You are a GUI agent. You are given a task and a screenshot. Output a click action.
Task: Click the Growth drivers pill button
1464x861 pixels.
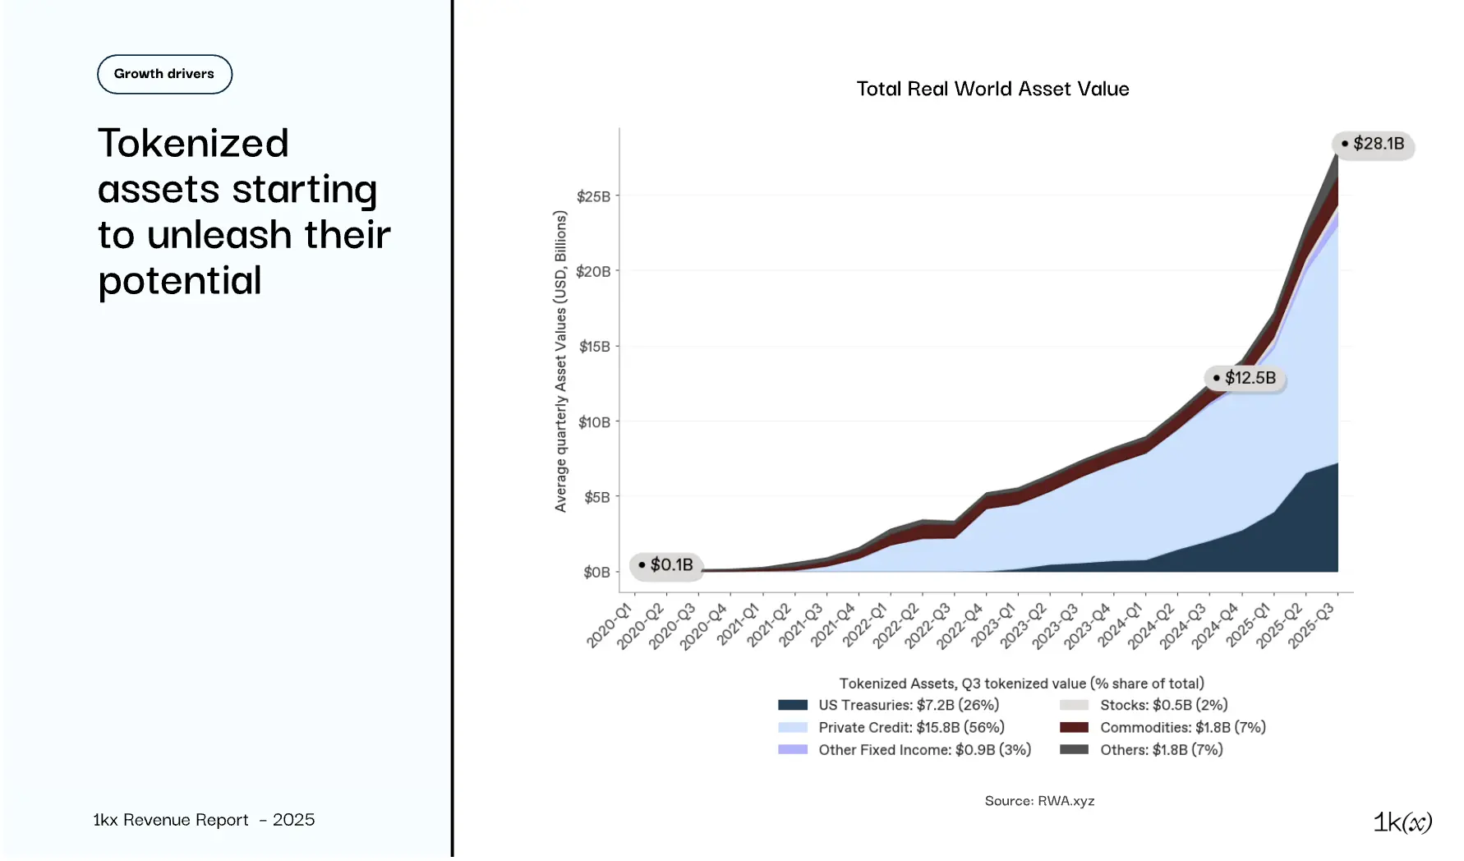(x=164, y=74)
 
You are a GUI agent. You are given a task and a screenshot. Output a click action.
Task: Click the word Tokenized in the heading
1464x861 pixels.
(x=193, y=143)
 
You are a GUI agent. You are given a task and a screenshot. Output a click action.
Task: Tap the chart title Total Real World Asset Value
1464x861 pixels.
(x=992, y=89)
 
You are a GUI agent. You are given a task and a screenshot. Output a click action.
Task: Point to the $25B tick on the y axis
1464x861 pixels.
(x=593, y=196)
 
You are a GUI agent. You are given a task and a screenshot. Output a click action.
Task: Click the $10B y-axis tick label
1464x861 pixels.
(x=594, y=422)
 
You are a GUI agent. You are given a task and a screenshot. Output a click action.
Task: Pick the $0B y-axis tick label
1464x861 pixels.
(x=596, y=573)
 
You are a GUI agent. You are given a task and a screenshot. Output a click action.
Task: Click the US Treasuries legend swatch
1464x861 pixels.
(x=793, y=705)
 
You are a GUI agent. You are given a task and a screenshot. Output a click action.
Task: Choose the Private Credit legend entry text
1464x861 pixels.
(x=911, y=728)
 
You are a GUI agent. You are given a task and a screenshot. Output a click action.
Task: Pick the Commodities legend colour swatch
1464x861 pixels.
(x=1074, y=728)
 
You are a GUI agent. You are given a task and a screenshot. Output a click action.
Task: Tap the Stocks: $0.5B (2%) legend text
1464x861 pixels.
(x=1163, y=705)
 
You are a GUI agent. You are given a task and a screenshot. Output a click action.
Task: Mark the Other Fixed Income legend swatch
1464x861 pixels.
(x=793, y=750)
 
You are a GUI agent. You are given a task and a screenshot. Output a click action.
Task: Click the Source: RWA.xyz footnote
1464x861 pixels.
(x=1039, y=801)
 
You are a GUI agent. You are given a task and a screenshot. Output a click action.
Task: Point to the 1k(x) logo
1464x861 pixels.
(x=1402, y=822)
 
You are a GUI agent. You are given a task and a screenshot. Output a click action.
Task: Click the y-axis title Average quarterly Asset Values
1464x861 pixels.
(x=561, y=361)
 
